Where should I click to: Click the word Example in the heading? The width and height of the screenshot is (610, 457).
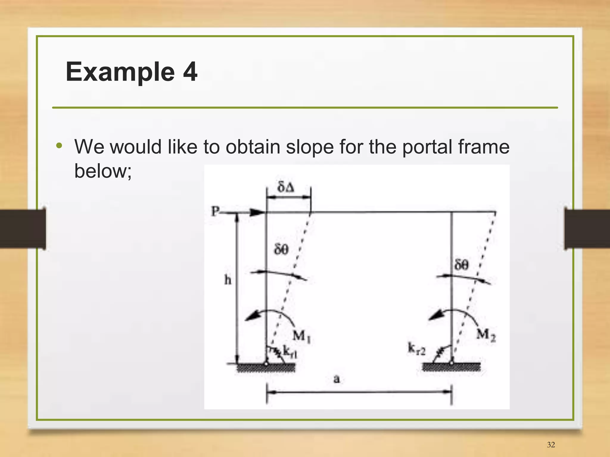(120, 72)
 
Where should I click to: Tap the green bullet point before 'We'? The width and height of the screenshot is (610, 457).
(59, 146)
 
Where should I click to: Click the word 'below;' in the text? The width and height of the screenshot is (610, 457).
(103, 171)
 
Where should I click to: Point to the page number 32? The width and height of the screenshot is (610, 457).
(551, 445)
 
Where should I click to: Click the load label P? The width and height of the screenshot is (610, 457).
(215, 211)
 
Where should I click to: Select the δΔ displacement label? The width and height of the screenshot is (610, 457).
(286, 187)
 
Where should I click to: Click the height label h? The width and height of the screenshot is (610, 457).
(228, 280)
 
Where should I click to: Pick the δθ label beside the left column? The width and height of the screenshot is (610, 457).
(281, 249)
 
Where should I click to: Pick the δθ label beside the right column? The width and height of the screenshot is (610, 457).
(461, 264)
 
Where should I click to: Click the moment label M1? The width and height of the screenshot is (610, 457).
(302, 337)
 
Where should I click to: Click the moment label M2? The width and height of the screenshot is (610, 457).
(486, 335)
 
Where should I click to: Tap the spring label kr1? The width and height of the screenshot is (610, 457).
(290, 351)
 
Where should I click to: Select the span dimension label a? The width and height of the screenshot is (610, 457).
(337, 379)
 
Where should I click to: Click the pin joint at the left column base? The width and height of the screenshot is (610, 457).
(266, 363)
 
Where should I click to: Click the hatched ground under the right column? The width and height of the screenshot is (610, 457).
(451, 368)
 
